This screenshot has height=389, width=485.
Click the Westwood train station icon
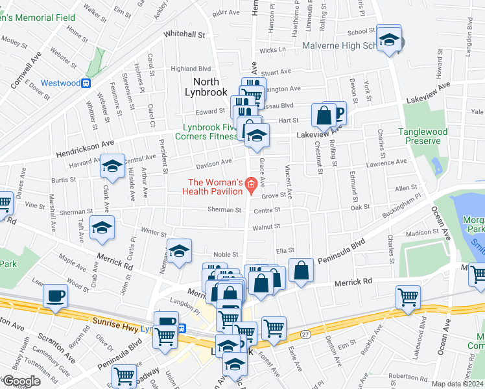85,83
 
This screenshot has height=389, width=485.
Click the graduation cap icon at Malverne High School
390,40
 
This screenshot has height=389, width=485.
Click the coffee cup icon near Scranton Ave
55,297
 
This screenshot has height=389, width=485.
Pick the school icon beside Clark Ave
112,167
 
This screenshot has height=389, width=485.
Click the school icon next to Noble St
179,251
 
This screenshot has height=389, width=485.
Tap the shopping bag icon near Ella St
302,271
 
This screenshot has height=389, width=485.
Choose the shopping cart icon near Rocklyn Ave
408,298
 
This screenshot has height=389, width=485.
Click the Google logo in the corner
21,381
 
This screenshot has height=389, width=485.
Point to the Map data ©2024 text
457,384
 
